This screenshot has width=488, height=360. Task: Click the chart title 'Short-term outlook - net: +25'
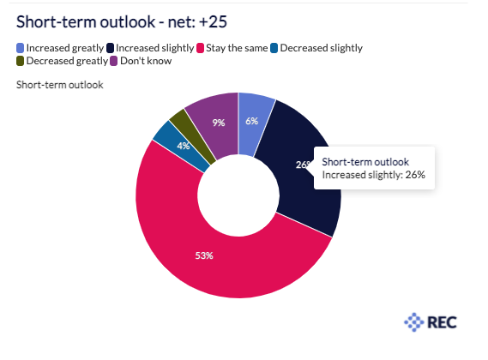[122, 21]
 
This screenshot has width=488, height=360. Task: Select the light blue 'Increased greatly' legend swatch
[21, 48]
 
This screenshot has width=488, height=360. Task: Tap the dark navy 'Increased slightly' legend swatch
[110, 48]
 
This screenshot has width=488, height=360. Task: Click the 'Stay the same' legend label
[237, 48]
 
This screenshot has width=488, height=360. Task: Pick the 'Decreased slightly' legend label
[321, 48]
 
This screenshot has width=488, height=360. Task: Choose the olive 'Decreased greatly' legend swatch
[21, 61]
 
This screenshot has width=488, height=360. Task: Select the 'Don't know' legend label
[146, 61]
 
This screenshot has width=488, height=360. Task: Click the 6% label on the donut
[252, 121]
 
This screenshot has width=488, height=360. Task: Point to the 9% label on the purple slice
[219, 123]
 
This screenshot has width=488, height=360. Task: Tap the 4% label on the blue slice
[184, 146]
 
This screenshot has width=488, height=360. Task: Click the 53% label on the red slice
[204, 255]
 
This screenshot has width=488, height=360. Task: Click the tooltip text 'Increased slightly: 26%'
[373, 175]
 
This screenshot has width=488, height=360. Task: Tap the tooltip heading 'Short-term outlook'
[365, 162]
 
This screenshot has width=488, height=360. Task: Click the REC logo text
[442, 322]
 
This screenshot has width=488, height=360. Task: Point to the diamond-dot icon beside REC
[414, 322]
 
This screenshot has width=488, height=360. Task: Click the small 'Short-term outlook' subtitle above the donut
[60, 85]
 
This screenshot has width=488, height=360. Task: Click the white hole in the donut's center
[238, 195]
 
